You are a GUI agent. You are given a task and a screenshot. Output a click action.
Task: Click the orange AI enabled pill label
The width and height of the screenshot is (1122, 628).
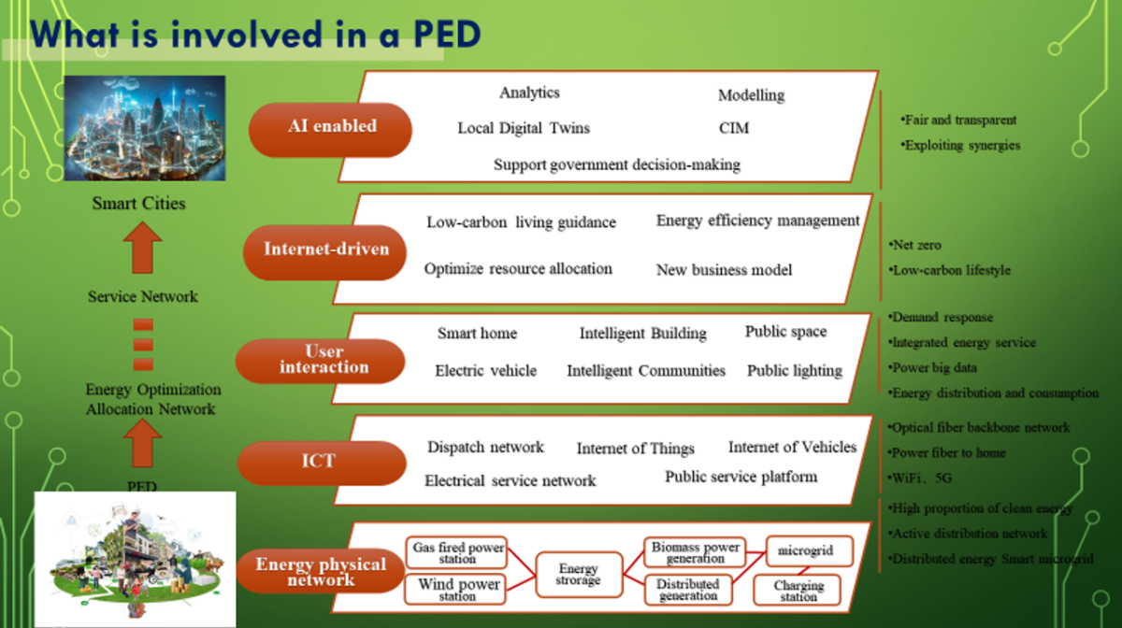pyautogui.click(x=331, y=126)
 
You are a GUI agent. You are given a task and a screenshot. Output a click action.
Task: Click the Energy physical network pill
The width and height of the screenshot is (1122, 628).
pyautogui.click(x=321, y=572)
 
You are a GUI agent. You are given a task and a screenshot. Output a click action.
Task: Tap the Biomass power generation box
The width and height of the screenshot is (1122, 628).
pyautogui.click(x=695, y=552)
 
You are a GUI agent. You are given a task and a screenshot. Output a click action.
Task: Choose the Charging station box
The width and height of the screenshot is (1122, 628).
pyautogui.click(x=798, y=591)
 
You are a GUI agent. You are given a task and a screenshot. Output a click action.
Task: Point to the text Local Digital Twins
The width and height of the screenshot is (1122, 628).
pyautogui.click(x=524, y=128)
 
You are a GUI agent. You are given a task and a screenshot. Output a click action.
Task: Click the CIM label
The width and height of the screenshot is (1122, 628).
pyautogui.click(x=733, y=128)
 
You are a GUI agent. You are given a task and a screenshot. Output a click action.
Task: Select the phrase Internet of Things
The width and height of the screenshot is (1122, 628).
pyautogui.click(x=635, y=449)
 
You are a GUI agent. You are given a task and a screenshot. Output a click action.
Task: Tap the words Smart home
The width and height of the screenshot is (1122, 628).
pyautogui.click(x=477, y=334)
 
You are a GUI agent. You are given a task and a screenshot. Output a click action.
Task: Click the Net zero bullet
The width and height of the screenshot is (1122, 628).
pyautogui.click(x=917, y=245)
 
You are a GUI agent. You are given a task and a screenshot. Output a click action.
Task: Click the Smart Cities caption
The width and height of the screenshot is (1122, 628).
pyautogui.click(x=138, y=203)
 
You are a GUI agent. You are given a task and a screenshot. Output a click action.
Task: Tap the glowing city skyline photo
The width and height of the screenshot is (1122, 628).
pyautogui.click(x=144, y=127)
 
